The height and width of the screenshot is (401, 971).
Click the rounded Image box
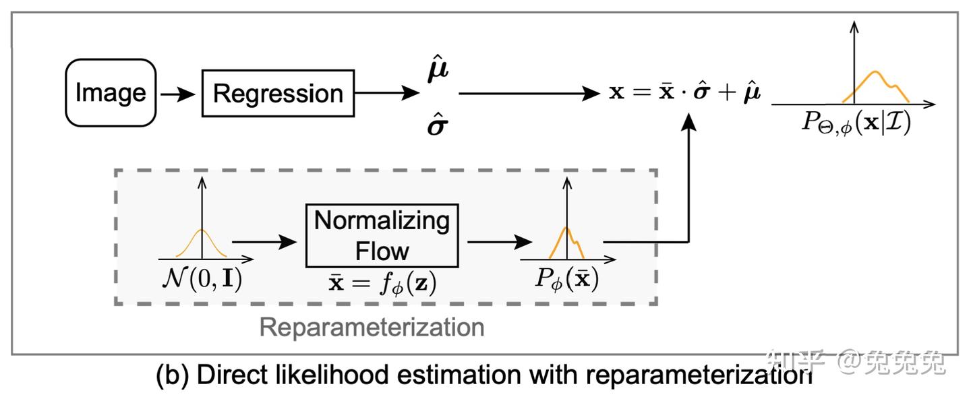pos(111,93)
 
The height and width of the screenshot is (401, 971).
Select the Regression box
pos(278,93)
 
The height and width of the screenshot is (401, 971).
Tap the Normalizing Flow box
pos(382,236)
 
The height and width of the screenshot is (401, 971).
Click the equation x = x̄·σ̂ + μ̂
pos(685,93)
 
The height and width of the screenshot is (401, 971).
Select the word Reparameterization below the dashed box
pos(372,328)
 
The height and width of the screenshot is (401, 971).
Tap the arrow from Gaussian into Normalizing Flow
pos(264,241)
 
